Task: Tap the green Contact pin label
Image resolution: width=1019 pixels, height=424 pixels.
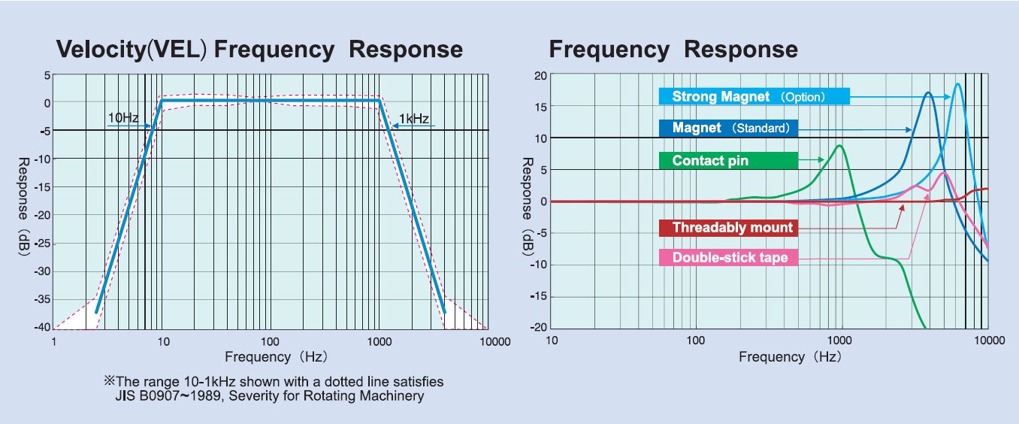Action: (727, 160)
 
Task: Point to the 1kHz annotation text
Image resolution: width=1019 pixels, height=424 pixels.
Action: (414, 118)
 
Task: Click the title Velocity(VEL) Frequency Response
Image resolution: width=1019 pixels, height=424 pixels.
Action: (260, 50)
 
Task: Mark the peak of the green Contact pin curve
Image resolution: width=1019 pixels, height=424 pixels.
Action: (839, 146)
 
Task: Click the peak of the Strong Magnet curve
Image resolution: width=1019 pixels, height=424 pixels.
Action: (957, 84)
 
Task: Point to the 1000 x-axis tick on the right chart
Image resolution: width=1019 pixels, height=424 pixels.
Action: (841, 341)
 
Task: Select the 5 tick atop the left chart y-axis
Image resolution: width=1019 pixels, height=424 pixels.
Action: (47, 75)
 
